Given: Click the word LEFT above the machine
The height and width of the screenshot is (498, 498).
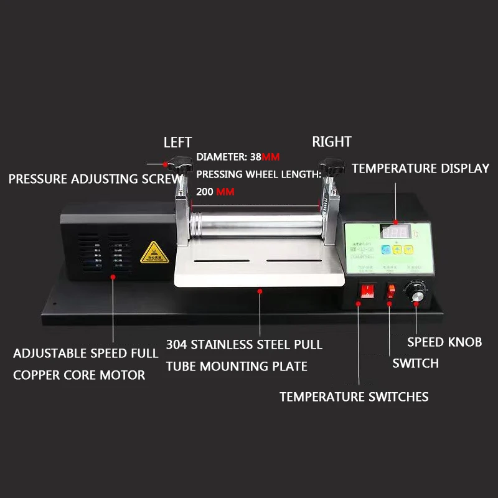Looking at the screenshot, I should (177, 143).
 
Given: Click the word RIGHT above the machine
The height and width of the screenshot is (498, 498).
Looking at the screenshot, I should (331, 142).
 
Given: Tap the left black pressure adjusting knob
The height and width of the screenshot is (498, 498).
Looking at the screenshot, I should (182, 166).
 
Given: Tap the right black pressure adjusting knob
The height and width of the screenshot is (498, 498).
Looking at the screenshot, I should (332, 166).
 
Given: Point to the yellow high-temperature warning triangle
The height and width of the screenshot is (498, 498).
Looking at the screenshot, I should (151, 253).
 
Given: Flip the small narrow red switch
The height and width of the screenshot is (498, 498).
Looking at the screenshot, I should (390, 291).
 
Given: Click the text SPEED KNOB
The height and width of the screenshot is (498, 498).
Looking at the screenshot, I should (444, 342).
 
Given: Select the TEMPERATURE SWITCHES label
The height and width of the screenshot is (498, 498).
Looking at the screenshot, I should (354, 397).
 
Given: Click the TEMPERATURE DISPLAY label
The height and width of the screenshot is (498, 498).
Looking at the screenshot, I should (420, 168).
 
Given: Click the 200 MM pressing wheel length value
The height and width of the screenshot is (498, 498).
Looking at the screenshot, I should (215, 192).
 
